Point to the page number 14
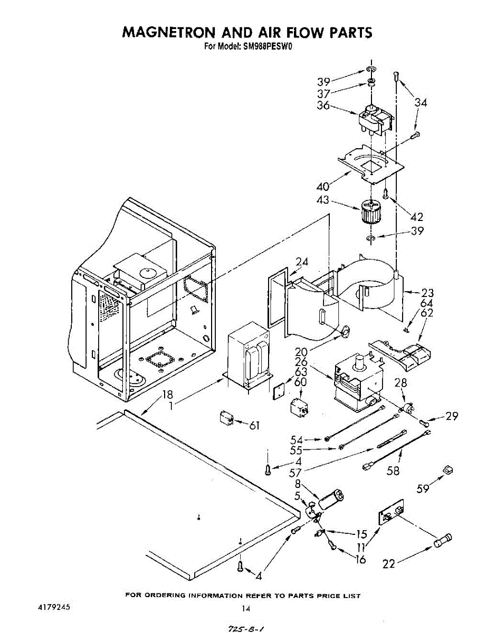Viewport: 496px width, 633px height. click(246, 608)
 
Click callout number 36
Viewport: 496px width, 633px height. click(323, 105)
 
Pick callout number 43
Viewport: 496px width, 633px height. click(323, 200)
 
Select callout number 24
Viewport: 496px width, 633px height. click(302, 262)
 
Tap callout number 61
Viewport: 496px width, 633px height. click(254, 425)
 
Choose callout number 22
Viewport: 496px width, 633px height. click(388, 564)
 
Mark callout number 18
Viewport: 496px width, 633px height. click(167, 394)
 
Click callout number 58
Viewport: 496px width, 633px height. click(393, 471)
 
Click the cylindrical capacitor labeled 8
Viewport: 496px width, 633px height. click(331, 499)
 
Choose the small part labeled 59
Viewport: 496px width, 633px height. click(449, 469)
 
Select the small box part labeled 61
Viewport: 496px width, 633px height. click(225, 420)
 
